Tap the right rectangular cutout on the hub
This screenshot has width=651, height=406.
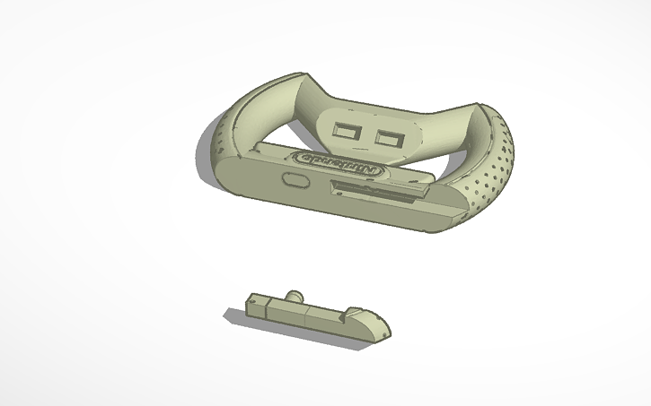(x=391, y=139)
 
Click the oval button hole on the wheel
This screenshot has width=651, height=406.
(x=295, y=180)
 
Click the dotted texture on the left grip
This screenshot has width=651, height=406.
(x=221, y=140)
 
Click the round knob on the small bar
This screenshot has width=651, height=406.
(x=293, y=297)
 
